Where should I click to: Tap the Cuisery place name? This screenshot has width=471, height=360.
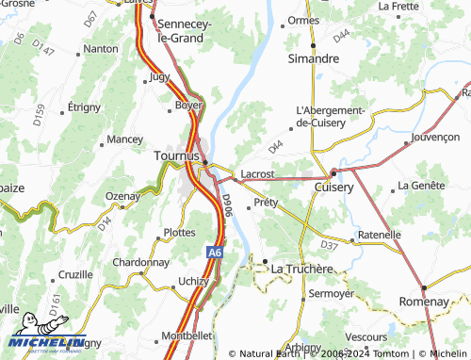[333, 188]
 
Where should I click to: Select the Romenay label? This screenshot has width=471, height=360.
[423, 301]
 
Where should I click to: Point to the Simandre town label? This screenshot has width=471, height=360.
[313, 58]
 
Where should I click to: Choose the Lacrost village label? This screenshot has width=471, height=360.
[257, 174]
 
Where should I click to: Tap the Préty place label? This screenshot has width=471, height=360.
[267, 202]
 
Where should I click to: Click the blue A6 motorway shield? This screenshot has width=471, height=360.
[215, 253]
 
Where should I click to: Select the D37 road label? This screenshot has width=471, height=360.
[329, 245]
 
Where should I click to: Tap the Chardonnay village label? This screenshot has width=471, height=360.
[140, 261]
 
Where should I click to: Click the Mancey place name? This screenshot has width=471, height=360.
[124, 139]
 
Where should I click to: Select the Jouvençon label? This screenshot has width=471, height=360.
[435, 137]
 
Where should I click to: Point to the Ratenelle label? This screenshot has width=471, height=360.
[380, 234]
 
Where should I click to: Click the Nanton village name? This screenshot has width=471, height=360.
[101, 48]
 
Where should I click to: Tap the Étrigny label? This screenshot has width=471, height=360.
[83, 106]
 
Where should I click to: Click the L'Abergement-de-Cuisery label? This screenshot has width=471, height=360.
[330, 116]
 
